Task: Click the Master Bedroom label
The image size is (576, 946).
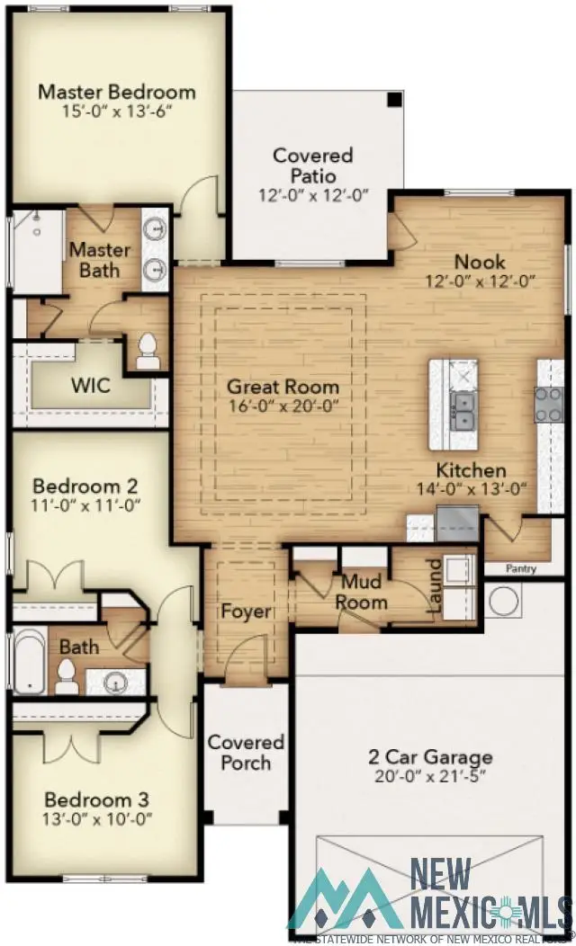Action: (x=116, y=92)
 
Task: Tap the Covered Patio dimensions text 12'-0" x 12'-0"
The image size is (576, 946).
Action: (x=312, y=196)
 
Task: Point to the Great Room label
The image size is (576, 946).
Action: (x=283, y=388)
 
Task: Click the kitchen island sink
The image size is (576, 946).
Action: (x=463, y=409)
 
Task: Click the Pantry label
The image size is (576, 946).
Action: (x=520, y=568)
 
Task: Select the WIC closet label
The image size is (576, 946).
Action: (x=91, y=386)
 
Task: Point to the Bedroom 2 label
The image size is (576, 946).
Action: (x=91, y=486)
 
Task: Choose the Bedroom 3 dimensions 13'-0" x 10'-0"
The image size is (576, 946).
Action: (x=98, y=819)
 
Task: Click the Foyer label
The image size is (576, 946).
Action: (x=246, y=612)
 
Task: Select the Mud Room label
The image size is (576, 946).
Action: (x=362, y=592)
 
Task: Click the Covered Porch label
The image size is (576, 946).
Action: (x=246, y=753)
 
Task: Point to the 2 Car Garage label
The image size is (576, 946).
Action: (x=431, y=757)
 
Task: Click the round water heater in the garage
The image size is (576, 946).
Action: (x=502, y=598)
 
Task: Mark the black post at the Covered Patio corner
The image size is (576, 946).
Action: (x=393, y=98)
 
